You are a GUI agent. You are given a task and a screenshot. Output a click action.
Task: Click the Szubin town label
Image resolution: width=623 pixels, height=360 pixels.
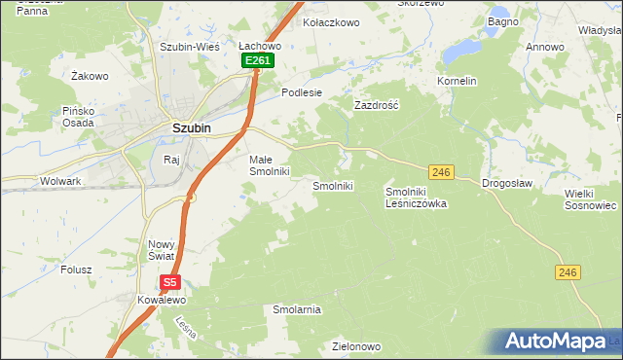[x=191, y=126]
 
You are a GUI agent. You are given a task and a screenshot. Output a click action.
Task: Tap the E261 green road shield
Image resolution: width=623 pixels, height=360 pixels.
[x=258, y=60]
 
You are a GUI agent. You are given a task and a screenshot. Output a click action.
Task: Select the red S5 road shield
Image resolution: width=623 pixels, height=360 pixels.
[x=170, y=283]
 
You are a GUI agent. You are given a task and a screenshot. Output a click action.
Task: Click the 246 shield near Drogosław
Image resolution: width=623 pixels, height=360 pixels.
[x=442, y=172]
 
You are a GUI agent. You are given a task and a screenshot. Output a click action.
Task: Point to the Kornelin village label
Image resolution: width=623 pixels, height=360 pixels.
[x=457, y=81]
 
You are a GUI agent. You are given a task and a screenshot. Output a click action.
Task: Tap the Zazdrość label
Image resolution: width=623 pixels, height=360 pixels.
[x=377, y=103]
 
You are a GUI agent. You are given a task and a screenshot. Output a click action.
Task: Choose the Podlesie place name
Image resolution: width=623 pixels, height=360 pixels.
[x=301, y=92]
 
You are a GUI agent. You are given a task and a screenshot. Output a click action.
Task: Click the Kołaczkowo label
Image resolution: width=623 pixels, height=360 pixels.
[x=333, y=21]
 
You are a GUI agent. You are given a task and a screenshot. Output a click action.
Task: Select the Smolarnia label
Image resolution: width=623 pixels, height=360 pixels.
[x=297, y=309]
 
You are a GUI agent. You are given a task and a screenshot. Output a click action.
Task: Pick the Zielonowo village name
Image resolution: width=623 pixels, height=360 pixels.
[x=354, y=346]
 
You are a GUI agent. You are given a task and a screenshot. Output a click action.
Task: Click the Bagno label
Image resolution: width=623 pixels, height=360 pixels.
[x=502, y=21]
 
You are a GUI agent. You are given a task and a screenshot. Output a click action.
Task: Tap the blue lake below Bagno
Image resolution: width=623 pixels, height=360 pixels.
[x=460, y=48]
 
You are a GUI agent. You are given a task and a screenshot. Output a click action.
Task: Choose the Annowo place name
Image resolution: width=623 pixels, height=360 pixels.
[x=545, y=47]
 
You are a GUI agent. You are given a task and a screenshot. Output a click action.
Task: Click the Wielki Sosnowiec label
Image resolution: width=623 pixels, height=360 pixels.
[x=591, y=199]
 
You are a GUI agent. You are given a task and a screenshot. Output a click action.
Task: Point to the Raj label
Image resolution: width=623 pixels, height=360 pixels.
[x=172, y=159]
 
